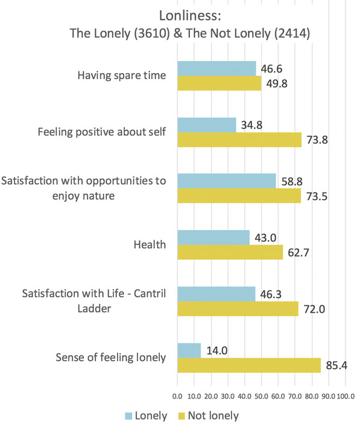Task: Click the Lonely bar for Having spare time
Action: [x=216, y=68]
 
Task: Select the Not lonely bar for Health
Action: [x=230, y=252]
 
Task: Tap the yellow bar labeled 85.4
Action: [x=249, y=365]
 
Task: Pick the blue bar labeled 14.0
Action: [x=189, y=351]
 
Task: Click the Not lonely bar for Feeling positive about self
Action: [x=239, y=140]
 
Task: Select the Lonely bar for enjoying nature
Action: [x=227, y=181]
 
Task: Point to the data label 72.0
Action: [x=314, y=309]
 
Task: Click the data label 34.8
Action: [x=251, y=125]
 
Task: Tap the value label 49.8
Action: [x=277, y=83]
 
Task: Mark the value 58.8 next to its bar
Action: [x=292, y=182]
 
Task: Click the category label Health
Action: [x=150, y=244]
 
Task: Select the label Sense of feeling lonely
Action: [x=111, y=357]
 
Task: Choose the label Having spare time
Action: [x=122, y=75]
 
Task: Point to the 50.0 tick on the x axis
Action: [x=261, y=397]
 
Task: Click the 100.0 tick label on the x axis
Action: [x=346, y=397]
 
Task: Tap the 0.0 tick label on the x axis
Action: [x=177, y=397]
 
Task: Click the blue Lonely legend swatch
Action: [x=128, y=416]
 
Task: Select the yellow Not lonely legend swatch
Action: [x=182, y=416]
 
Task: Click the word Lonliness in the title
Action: [x=190, y=16]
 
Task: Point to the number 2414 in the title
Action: [x=291, y=33]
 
